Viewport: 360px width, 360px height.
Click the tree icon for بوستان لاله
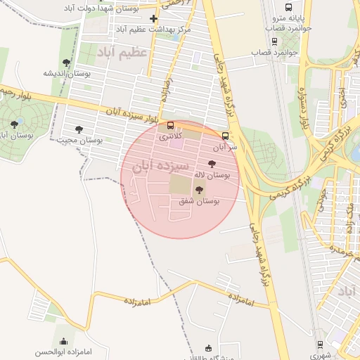[x=212, y=164]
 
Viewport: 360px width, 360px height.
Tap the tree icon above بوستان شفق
[x=198, y=190]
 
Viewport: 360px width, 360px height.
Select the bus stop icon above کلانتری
[x=170, y=126]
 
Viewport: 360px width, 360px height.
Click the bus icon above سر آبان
[x=225, y=136]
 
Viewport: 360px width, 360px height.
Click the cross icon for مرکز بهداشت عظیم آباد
[x=153, y=18]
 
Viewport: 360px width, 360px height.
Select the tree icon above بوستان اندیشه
[x=66, y=63]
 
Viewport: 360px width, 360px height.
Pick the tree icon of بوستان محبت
[x=79, y=129]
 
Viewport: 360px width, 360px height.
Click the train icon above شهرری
[x=321, y=345]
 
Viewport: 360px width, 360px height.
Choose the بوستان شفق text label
[x=198, y=201]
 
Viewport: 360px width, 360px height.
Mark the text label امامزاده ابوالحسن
[x=63, y=351]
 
